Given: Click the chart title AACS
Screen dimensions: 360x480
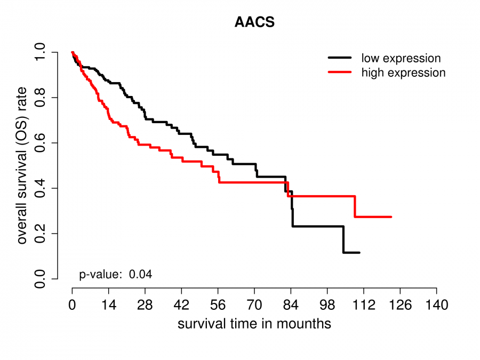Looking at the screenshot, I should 254,23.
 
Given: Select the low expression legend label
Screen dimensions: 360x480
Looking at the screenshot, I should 401,58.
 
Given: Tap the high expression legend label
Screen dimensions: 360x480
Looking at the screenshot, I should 403,73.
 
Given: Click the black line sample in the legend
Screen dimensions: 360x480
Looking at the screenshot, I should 340,58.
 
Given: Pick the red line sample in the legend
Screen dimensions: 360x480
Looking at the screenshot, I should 340,72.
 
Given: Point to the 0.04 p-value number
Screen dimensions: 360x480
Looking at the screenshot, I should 141,275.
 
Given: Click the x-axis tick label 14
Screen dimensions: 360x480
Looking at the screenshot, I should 108,306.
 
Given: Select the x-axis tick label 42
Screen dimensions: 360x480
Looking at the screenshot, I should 181,306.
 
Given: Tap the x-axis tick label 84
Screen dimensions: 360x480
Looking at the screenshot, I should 291,306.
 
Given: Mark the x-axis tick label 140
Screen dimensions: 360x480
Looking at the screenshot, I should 436,306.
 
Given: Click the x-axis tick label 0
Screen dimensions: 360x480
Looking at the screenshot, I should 72,306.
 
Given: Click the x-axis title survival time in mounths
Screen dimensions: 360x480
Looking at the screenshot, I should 254,324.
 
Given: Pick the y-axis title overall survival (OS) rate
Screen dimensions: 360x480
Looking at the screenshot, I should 22,166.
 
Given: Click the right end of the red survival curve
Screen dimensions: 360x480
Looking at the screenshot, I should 391,217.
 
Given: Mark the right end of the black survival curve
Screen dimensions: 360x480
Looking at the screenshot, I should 359,252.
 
